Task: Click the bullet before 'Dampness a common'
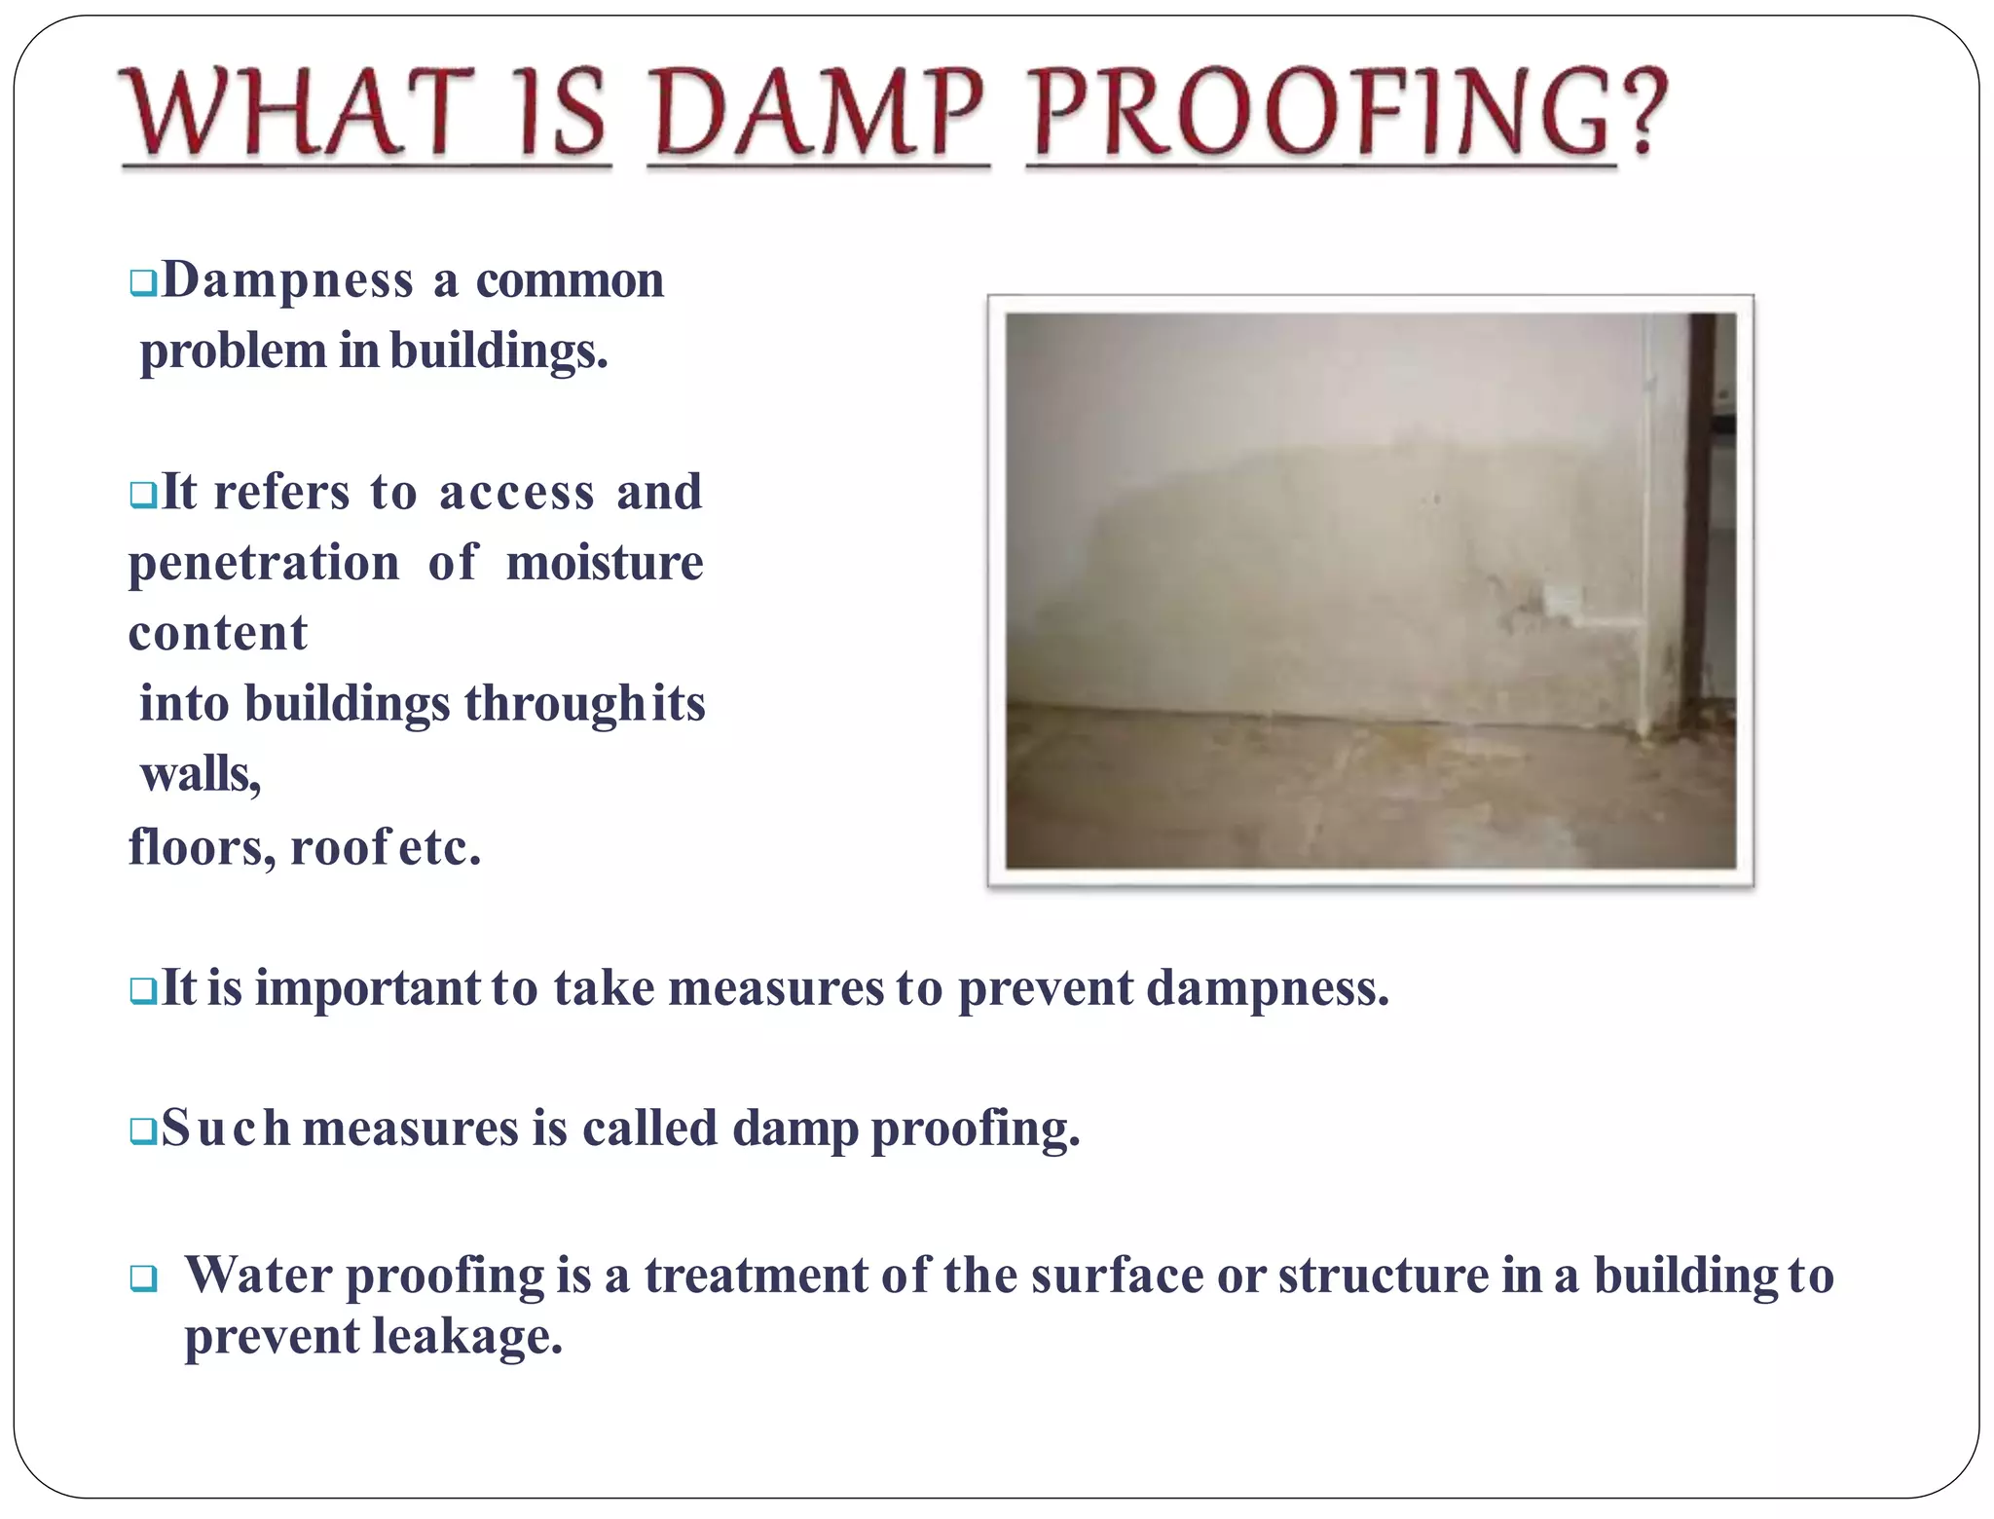(x=143, y=283)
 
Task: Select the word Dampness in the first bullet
(x=288, y=281)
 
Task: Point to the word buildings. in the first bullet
(x=498, y=352)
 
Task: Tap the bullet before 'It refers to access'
(x=143, y=495)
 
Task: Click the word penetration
(x=264, y=564)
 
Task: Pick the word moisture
(x=605, y=564)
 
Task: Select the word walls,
(x=201, y=776)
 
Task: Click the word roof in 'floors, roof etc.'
(x=341, y=847)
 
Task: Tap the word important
(x=368, y=988)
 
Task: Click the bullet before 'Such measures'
(x=143, y=1130)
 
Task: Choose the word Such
(x=226, y=1129)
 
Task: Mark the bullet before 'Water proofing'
(x=143, y=1278)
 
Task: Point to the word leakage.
(x=468, y=1337)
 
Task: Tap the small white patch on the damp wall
(x=1564, y=601)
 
